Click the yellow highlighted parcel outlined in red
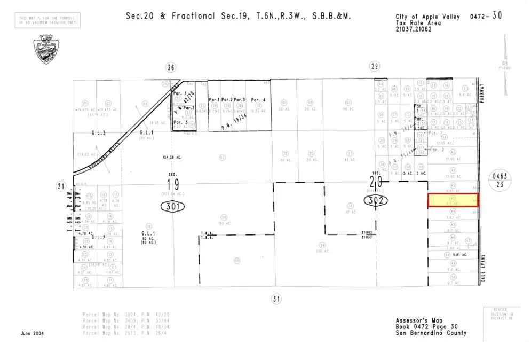(x=454, y=200)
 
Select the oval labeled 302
(x=375, y=201)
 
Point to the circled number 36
(x=171, y=67)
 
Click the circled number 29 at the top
(x=374, y=66)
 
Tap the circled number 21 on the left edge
(x=60, y=186)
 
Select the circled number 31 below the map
(x=275, y=299)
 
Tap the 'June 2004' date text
(x=33, y=333)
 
